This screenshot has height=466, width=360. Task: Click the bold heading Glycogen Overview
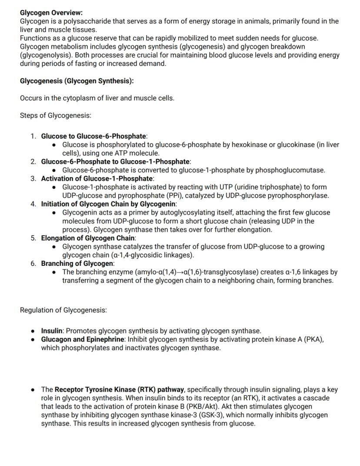(51, 13)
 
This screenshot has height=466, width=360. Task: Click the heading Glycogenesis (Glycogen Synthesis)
(77, 81)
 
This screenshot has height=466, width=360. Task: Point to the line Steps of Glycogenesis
(55, 115)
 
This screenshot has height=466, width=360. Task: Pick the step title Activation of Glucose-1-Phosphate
(97, 178)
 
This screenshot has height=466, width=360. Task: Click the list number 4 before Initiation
(33, 204)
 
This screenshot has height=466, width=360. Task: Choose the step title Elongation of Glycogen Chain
(88, 238)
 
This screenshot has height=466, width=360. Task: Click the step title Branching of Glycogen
(77, 263)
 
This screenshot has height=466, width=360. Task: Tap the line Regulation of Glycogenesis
(63, 310)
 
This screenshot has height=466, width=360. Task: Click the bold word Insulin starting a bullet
(52, 331)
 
